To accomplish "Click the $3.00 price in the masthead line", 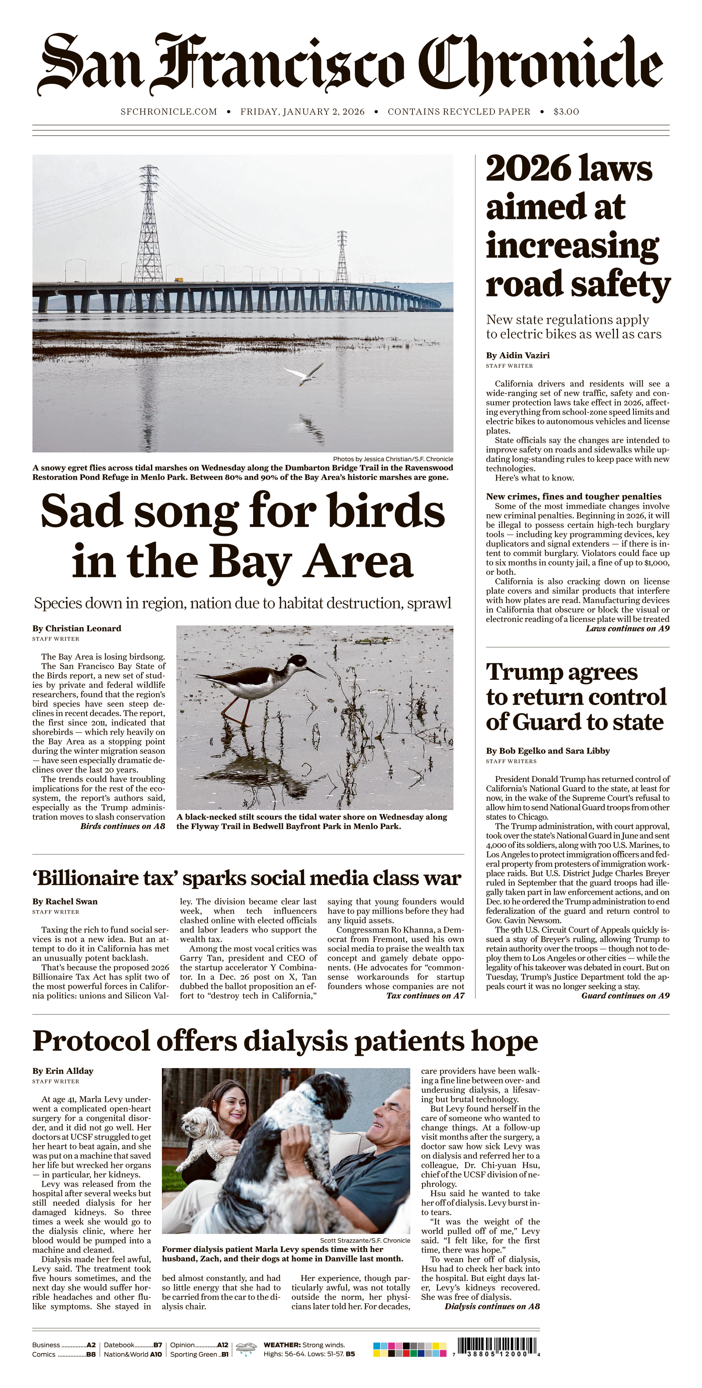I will coord(566,111).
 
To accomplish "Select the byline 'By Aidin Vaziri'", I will coord(517,355).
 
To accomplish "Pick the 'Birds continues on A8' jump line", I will coord(122,826).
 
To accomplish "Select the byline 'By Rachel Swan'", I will coord(64,901).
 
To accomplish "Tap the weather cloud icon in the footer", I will coord(246,1349).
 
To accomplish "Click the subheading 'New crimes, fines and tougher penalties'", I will coord(573,496).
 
